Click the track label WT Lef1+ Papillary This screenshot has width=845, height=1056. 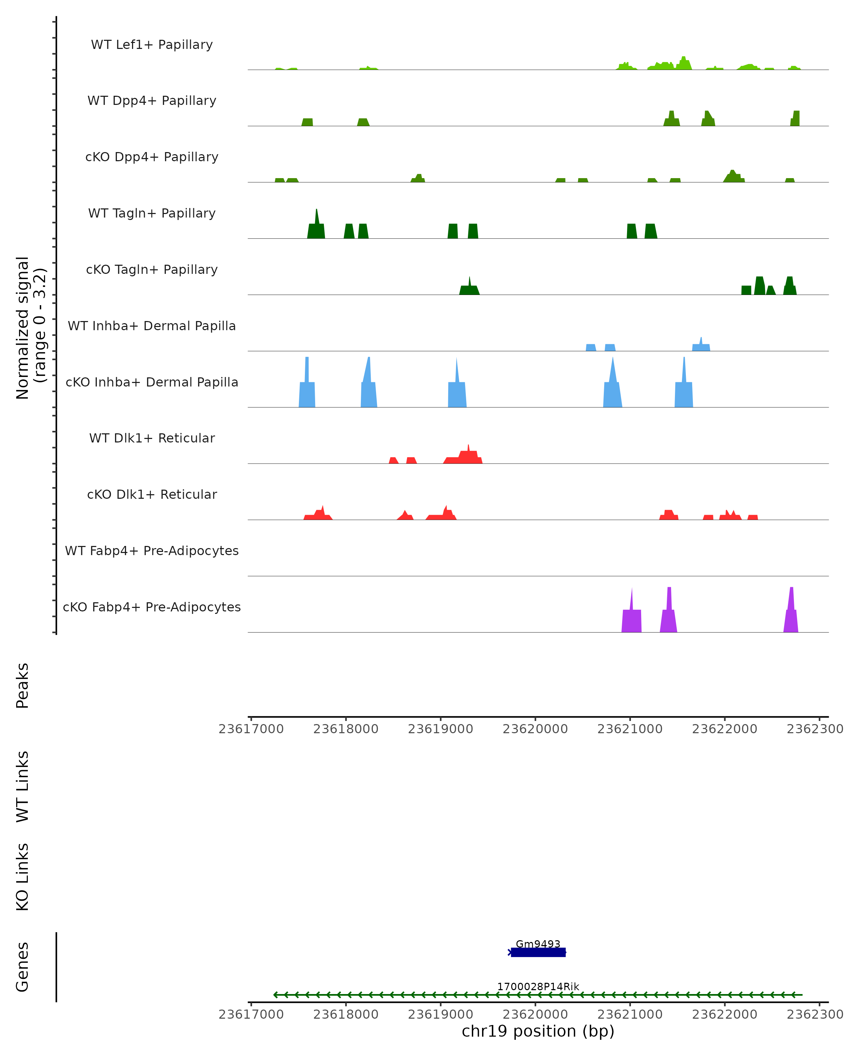[152, 45]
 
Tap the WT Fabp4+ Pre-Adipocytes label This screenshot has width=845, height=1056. [152, 551]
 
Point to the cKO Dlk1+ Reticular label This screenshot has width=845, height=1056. [152, 494]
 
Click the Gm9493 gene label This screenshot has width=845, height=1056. [538, 944]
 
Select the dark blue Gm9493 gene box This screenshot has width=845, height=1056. [538, 952]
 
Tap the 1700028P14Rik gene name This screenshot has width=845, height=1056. [538, 986]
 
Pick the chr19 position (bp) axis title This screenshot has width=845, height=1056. [538, 1031]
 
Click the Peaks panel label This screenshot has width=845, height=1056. [23, 685]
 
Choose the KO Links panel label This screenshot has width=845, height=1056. [23, 877]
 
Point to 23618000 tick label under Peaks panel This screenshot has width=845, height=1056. [346, 729]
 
